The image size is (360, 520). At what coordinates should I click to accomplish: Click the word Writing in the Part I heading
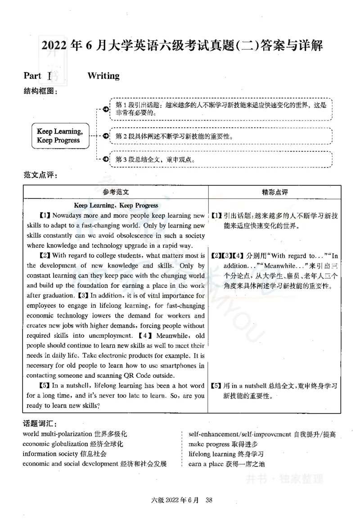pyautogui.click(x=103, y=76)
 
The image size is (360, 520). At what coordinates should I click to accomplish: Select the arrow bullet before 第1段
pyautogui.click(x=105, y=109)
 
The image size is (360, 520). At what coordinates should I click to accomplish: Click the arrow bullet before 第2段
pyautogui.click(x=105, y=136)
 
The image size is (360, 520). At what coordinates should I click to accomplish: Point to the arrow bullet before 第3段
pyautogui.click(x=105, y=159)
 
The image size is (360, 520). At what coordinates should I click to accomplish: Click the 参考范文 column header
pyautogui.click(x=116, y=192)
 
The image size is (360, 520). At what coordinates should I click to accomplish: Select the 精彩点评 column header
pyautogui.click(x=274, y=192)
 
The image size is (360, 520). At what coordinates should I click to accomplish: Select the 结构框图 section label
pyautogui.click(x=40, y=91)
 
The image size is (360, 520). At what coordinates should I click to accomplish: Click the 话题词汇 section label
pyautogui.click(x=40, y=424)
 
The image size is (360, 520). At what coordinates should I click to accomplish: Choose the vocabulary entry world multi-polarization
pyautogui.click(x=58, y=434)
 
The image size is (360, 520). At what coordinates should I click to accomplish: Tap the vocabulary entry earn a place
pyautogui.click(x=206, y=464)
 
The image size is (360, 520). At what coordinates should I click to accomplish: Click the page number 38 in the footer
pyautogui.click(x=208, y=500)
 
